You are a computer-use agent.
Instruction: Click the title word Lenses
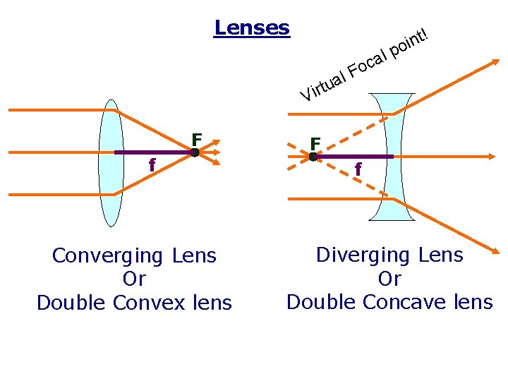coord(252,28)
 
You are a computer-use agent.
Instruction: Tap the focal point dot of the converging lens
coord(195,152)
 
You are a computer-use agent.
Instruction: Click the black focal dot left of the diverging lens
coord(313,157)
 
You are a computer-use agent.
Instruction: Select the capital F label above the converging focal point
coord(197,139)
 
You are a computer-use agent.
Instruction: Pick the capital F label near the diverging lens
coord(315,143)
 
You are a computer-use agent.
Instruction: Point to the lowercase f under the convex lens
coord(152,165)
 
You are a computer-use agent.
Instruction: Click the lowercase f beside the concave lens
coord(358,169)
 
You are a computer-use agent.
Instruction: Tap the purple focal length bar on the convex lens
coord(152,152)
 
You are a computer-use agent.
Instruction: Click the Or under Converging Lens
coord(134,279)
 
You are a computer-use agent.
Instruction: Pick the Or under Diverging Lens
coord(389,279)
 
